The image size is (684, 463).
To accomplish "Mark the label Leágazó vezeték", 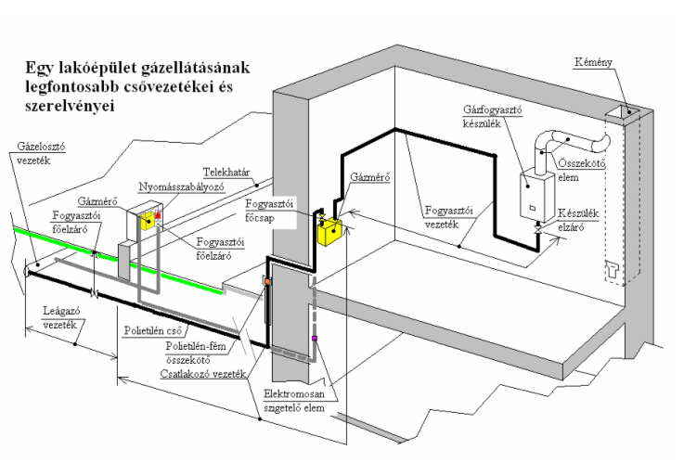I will [x=52, y=316].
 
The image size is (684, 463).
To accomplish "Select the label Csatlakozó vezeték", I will [x=199, y=375].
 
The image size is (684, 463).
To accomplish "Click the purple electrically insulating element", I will [x=315, y=338].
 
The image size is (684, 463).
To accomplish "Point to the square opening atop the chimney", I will [x=621, y=114].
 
